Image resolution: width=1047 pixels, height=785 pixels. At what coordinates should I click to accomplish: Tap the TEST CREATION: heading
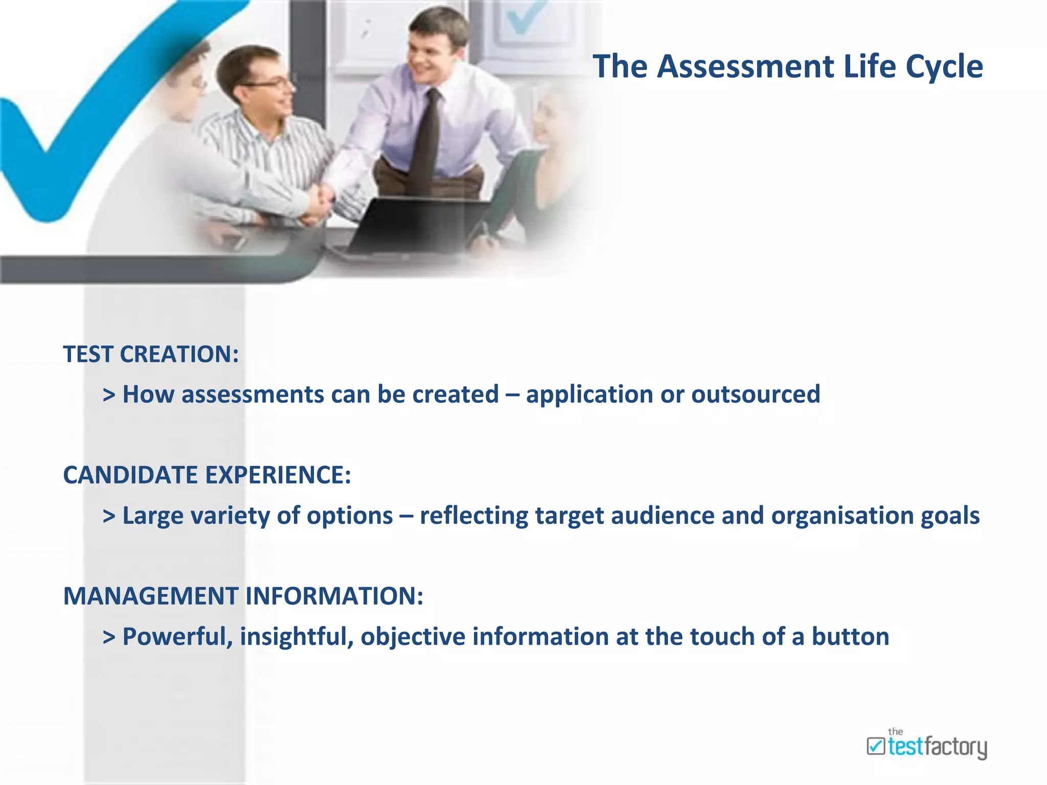click(x=151, y=354)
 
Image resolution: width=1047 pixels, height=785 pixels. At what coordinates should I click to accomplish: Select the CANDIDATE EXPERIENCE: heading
click(x=207, y=475)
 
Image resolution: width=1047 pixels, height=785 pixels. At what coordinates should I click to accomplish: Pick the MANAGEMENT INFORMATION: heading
click(x=243, y=596)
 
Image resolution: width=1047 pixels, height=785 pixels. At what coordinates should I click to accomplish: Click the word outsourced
click(x=756, y=395)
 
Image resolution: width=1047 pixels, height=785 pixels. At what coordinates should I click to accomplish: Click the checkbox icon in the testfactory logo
click(x=876, y=746)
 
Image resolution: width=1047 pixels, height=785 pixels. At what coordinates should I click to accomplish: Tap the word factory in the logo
click(x=955, y=747)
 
